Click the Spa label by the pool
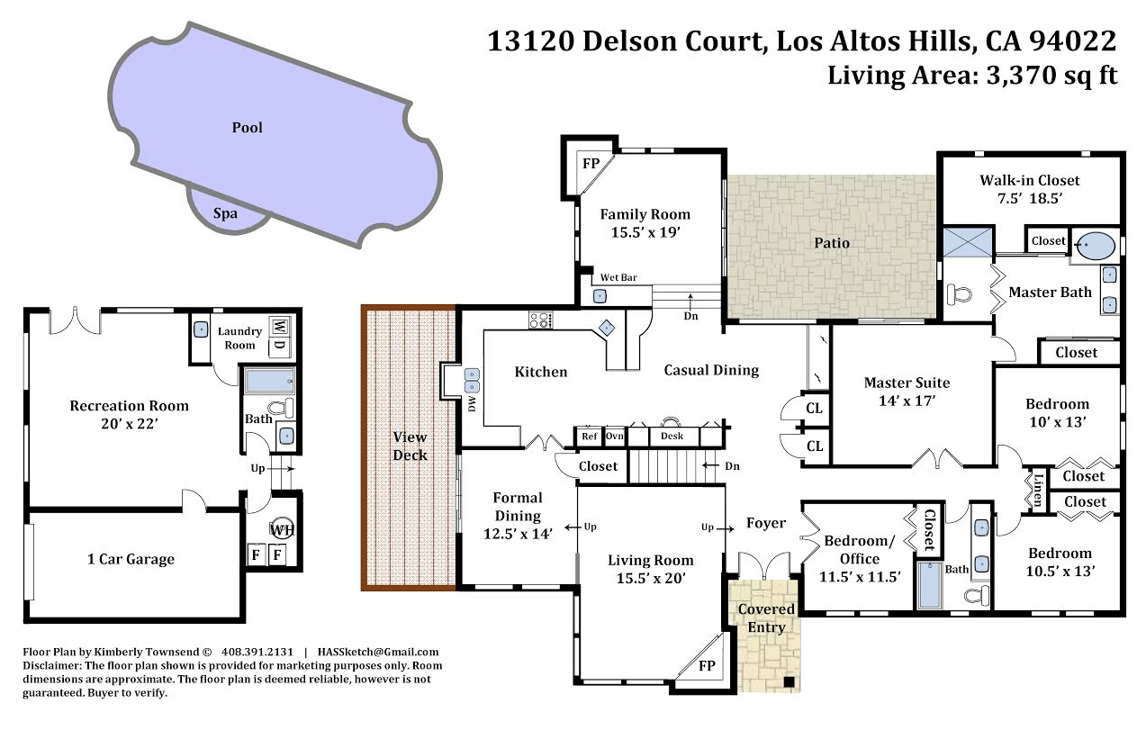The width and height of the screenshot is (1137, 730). pyautogui.click(x=225, y=213)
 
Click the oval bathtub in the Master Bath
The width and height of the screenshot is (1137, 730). pyautogui.click(x=1096, y=247)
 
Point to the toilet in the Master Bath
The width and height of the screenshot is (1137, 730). pyautogui.click(x=959, y=294)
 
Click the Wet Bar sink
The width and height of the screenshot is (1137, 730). pyautogui.click(x=600, y=296)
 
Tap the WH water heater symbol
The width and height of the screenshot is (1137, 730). pyautogui.click(x=281, y=530)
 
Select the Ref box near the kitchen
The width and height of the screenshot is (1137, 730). pyautogui.click(x=590, y=436)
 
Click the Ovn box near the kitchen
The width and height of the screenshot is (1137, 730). pyautogui.click(x=614, y=436)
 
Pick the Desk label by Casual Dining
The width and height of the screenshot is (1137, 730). pyautogui.click(x=672, y=436)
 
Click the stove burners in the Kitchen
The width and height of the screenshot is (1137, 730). pyautogui.click(x=539, y=320)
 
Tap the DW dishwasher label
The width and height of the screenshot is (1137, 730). pyautogui.click(x=472, y=403)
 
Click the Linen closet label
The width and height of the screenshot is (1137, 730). pyautogui.click(x=1039, y=490)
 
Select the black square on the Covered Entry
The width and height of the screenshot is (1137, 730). pyautogui.click(x=789, y=681)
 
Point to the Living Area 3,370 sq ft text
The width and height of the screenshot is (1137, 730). pyautogui.click(x=972, y=75)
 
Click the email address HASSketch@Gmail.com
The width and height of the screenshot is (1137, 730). pyautogui.click(x=377, y=652)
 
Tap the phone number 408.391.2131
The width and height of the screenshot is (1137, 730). pyautogui.click(x=257, y=652)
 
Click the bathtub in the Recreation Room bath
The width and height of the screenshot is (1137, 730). pyautogui.click(x=269, y=381)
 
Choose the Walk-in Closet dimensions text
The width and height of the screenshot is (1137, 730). pyautogui.click(x=1029, y=199)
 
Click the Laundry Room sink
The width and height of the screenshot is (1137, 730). pyautogui.click(x=201, y=329)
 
